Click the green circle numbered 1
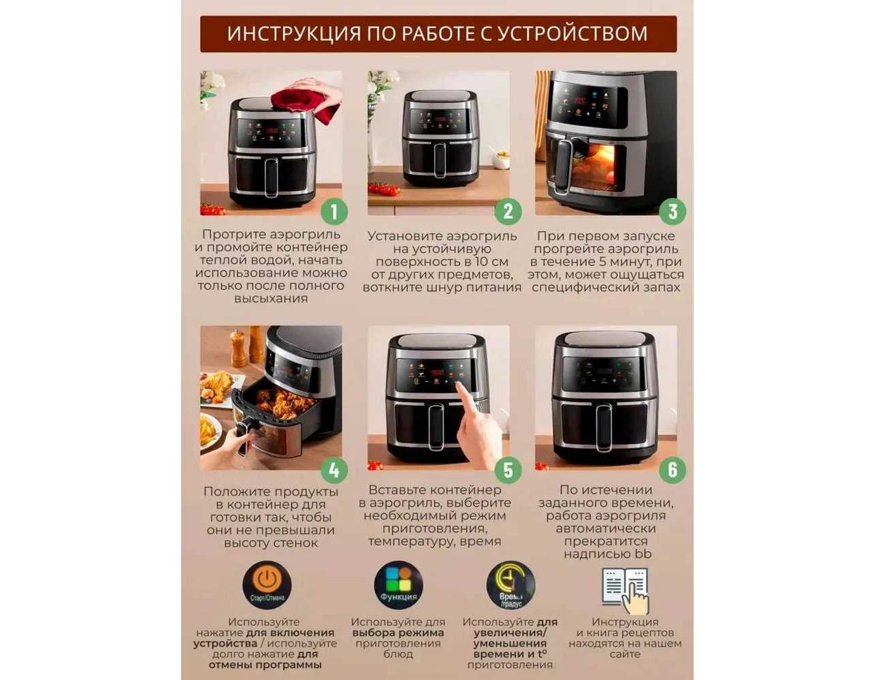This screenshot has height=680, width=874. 334,211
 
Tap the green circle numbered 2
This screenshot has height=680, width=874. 508,211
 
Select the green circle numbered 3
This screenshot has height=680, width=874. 673,211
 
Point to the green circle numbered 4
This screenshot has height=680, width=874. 334,470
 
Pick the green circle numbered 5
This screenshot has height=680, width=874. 508,470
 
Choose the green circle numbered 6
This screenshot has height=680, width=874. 673,470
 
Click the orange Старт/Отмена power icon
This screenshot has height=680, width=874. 267,585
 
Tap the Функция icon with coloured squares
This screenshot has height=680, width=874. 398,585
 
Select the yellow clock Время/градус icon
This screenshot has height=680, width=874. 511,585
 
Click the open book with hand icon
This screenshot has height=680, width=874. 626,590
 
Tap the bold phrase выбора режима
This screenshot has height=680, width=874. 398,632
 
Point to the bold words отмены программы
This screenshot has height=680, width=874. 265,665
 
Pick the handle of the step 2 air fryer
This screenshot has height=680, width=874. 440,160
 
